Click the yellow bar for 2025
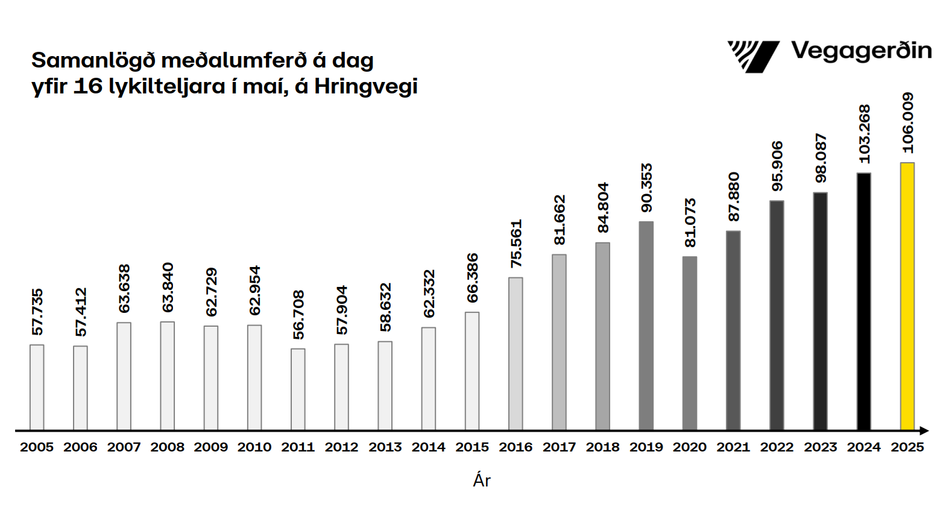(907, 296)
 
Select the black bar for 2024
(863, 301)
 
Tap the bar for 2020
(689, 343)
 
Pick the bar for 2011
(298, 389)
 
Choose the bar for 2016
(516, 353)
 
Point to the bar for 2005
(37, 387)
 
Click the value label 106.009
(907, 123)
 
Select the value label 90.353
(646, 187)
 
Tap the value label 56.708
(298, 315)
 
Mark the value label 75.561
(516, 244)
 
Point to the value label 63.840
(168, 288)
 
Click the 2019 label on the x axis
(646, 447)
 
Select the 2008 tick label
(167, 447)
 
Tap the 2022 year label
(777, 447)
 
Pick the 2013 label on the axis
(385, 447)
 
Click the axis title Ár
(482, 480)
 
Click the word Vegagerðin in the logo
(861, 51)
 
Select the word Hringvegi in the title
(365, 87)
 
